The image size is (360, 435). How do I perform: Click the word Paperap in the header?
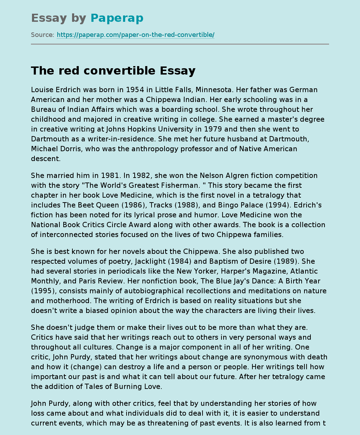(x=117, y=18)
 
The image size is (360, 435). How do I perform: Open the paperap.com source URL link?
(x=135, y=35)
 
